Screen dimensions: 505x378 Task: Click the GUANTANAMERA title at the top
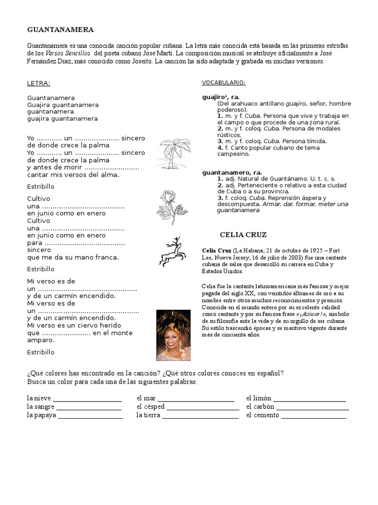[61, 30]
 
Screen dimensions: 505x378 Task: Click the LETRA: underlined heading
[39, 83]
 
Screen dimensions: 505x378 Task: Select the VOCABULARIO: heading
[223, 82]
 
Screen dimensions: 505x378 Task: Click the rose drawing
[172, 208]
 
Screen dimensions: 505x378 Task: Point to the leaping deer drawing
[172, 252]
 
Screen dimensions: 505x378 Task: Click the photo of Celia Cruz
[173, 335]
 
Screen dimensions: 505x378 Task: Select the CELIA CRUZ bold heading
[243, 234]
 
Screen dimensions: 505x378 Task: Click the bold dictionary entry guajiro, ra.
[221, 97]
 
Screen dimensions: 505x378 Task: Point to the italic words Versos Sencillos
[68, 53]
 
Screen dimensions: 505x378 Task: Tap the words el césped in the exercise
[151, 407]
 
